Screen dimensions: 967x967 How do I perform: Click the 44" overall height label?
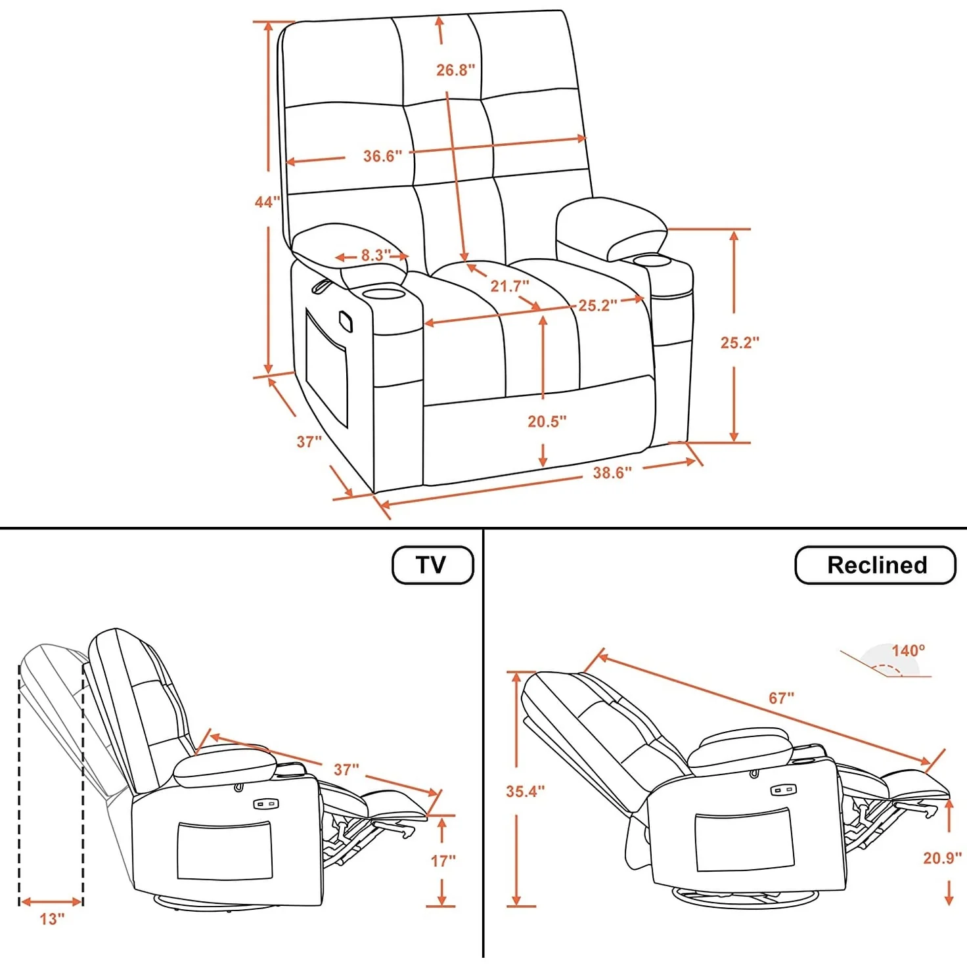click(x=267, y=202)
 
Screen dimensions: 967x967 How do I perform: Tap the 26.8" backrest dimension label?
click(x=455, y=70)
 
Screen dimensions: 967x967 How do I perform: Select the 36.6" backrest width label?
click(x=382, y=156)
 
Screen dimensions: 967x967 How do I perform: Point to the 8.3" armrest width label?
click(x=375, y=255)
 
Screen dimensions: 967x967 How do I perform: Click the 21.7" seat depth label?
click(x=509, y=286)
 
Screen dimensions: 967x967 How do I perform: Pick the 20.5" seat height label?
click(x=547, y=421)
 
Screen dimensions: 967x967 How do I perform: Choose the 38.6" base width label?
click(x=612, y=473)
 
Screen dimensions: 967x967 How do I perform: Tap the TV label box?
click(x=432, y=565)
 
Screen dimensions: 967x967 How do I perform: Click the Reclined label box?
click(x=875, y=565)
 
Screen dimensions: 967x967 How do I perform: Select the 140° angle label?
click(x=908, y=650)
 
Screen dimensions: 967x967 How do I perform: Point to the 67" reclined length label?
click(x=781, y=698)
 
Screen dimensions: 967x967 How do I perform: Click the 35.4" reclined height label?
click(x=525, y=792)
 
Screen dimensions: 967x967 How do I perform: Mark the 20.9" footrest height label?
click(x=942, y=858)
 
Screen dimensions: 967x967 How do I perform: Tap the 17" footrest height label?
click(x=443, y=861)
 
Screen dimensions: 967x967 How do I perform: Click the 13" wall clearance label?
click(x=52, y=919)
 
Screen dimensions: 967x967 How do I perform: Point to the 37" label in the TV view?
click(x=346, y=769)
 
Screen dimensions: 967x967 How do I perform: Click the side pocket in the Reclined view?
click(x=744, y=842)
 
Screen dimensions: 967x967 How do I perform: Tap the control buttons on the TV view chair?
click(x=267, y=803)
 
